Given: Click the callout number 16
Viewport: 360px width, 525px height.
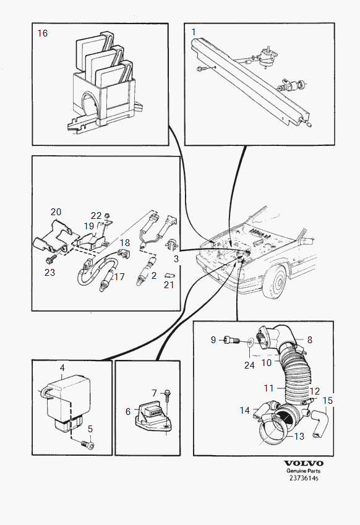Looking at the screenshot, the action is click(43, 33).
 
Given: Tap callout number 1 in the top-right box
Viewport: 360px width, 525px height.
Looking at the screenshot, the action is click(194, 32).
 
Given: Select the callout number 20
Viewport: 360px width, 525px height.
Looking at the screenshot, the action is click(56, 211).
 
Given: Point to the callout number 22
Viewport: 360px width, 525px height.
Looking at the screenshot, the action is click(96, 216).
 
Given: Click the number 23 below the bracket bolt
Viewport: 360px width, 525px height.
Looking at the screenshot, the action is click(49, 273).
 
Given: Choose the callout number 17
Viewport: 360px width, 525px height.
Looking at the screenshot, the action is click(119, 276).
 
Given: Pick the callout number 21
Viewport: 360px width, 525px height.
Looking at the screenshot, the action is click(169, 285).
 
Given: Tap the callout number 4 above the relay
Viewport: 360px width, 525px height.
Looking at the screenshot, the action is click(62, 368).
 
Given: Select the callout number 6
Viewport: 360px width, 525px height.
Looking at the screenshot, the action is click(128, 411).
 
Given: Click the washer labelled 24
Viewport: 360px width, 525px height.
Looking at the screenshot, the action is click(251, 343).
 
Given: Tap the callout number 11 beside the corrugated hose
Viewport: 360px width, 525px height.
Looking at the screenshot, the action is click(269, 388).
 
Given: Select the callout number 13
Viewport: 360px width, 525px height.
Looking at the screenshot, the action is click(299, 437).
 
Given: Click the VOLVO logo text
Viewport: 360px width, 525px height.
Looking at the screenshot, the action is click(304, 463).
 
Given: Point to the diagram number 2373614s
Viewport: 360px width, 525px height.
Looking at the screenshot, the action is click(304, 478).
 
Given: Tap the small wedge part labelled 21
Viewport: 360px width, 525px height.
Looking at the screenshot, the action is click(169, 276).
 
